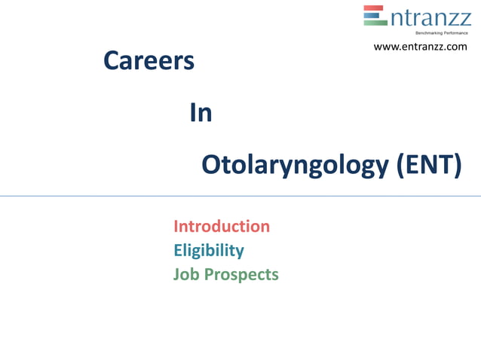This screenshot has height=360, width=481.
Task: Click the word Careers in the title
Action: coord(149,61)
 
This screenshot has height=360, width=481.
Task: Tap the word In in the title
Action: coord(201,113)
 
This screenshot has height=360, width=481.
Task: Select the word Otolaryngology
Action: coord(296,165)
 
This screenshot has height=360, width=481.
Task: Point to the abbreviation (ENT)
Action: coord(428,164)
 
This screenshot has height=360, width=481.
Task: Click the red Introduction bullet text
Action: coord(222,226)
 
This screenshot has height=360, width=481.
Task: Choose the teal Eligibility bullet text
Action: coord(209,250)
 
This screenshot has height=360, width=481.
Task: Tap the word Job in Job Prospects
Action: coord(185,274)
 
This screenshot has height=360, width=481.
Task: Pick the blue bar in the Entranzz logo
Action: coord(374,16)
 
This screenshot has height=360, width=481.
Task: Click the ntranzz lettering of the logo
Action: coord(430,17)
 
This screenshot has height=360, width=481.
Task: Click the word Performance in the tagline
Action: coord(455,33)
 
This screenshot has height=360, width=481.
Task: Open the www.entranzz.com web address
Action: coord(421,47)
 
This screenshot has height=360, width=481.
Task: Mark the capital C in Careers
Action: coord(111,61)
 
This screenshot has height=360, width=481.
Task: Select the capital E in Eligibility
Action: coord(178,250)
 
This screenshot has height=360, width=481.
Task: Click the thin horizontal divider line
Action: coord(240,196)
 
